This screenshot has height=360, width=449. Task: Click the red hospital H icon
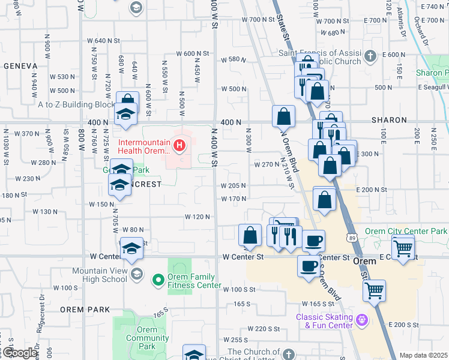click(178, 145)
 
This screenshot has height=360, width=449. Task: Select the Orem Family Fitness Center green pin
click(158, 279)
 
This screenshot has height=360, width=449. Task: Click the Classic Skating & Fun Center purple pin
click(362, 320)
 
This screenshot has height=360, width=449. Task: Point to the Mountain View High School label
click(100, 275)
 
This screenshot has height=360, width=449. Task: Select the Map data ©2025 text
click(423, 355)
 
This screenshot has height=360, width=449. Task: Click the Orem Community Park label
click(147, 338)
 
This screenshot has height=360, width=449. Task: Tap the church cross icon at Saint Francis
click(370, 56)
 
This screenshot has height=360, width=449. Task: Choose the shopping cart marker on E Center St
click(403, 247)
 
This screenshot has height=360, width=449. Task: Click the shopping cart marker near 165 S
click(375, 290)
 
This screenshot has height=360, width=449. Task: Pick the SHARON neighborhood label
click(389, 120)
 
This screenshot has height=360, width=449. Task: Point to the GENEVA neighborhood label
click(21, 65)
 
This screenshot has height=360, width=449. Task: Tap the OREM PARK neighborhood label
click(85, 309)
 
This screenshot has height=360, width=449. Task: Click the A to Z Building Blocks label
click(75, 104)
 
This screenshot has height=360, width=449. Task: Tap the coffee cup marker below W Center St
click(309, 267)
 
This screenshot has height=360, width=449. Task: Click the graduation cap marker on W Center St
click(131, 249)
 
